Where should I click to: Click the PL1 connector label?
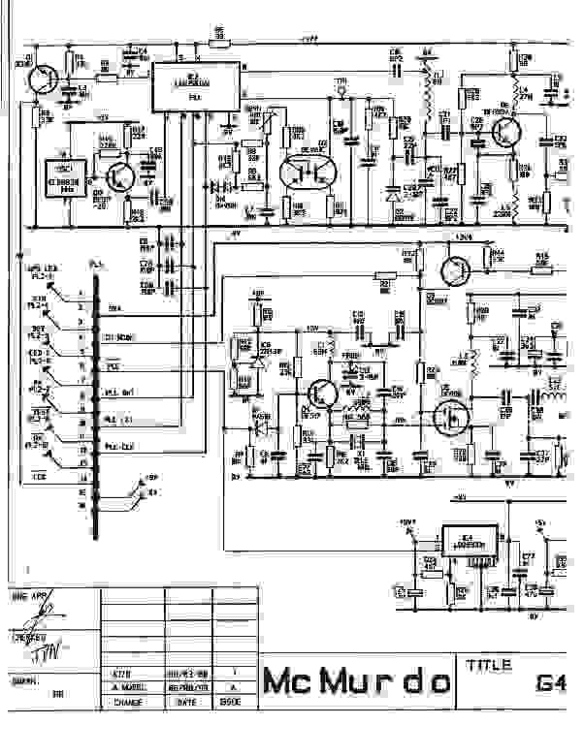click(x=95, y=264)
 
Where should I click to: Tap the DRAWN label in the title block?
click(x=23, y=681)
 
